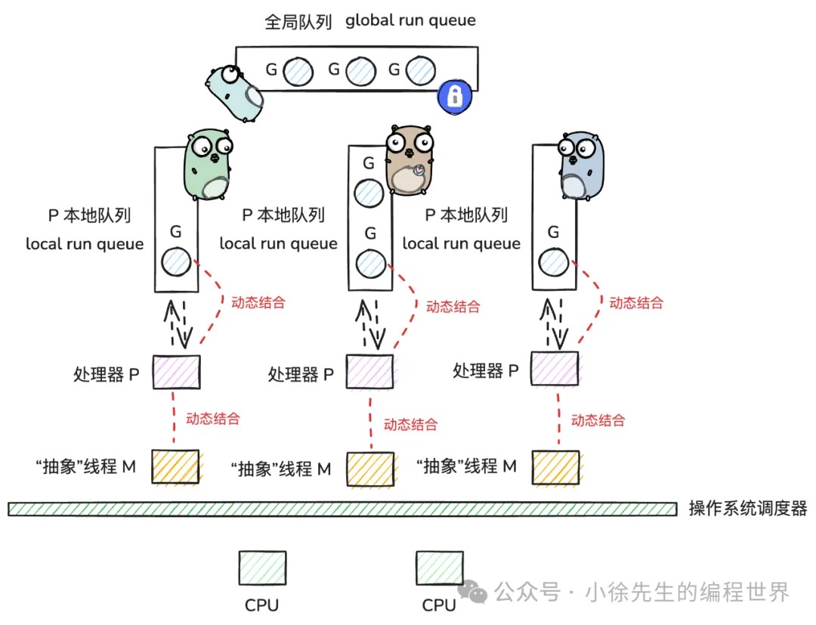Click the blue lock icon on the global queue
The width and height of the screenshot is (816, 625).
[x=454, y=96]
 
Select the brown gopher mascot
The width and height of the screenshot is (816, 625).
[x=409, y=162]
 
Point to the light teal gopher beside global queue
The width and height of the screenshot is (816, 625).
[x=235, y=92]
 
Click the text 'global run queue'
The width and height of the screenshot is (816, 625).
[x=410, y=20]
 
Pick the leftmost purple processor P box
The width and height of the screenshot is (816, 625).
[x=176, y=372]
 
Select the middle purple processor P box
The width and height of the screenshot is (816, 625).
[x=369, y=372]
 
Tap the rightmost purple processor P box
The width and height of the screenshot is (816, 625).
[x=555, y=369]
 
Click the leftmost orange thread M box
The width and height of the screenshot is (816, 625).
[x=175, y=467]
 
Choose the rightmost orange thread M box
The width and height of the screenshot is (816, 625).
[x=555, y=467]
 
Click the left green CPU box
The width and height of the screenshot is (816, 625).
[x=262, y=568]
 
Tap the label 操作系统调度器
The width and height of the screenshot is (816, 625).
[x=748, y=509]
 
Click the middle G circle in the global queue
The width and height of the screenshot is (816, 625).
[x=360, y=72]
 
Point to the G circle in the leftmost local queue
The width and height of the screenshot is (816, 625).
[x=176, y=261]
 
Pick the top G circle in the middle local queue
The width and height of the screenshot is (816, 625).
[x=369, y=193]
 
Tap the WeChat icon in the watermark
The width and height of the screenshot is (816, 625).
[x=477, y=593]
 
